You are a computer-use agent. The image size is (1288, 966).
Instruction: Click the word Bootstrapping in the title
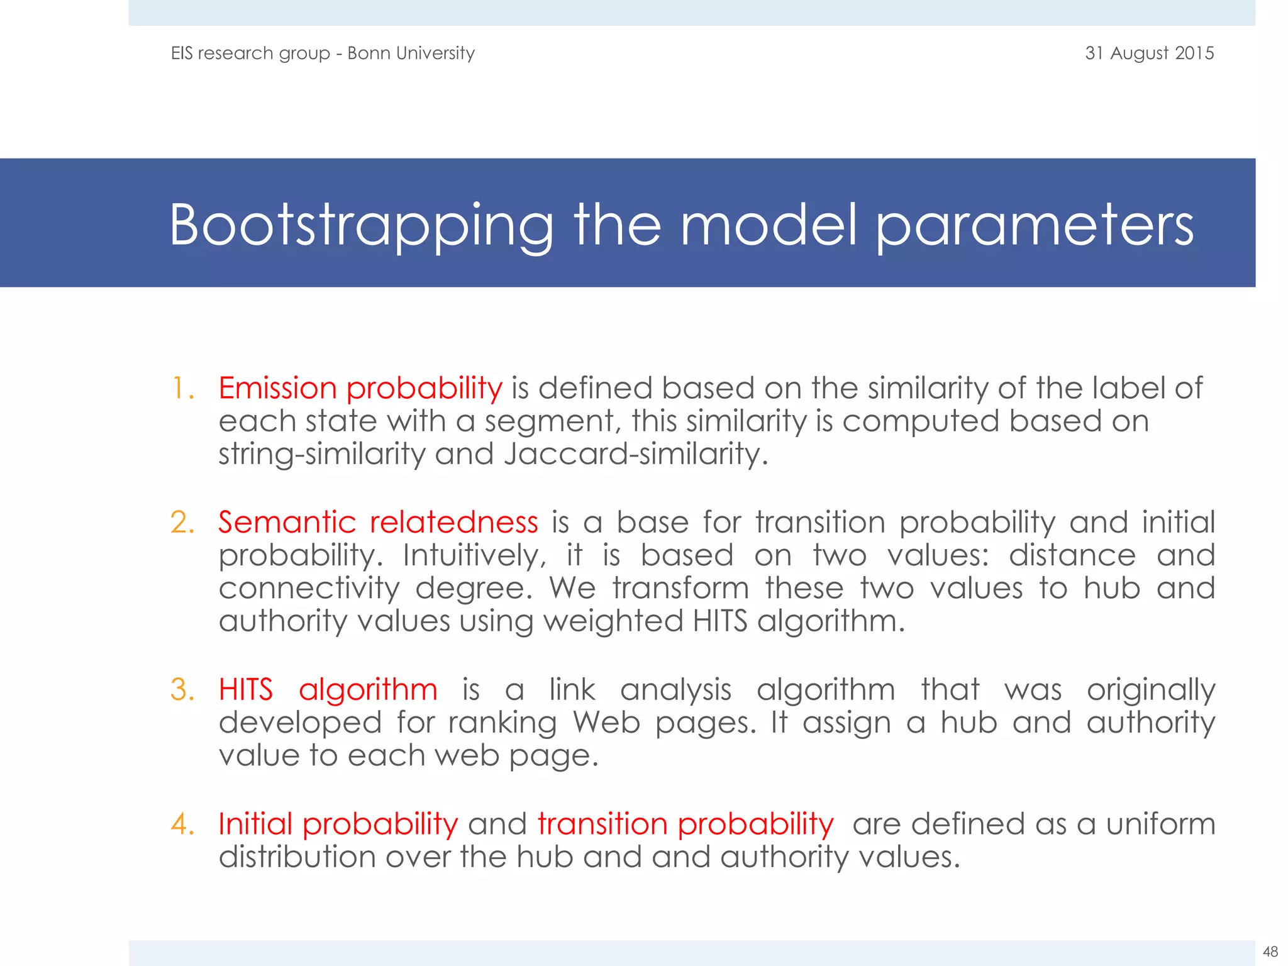[362, 225]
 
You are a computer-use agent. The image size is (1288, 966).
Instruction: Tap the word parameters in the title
[1035, 225]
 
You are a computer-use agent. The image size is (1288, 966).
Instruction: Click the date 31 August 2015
[1149, 53]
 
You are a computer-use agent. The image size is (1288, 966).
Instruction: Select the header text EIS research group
[250, 53]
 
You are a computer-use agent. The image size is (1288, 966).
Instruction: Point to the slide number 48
[1270, 952]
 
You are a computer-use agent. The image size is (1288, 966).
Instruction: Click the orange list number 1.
[182, 388]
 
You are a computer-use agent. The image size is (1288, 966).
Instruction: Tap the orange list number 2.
[182, 522]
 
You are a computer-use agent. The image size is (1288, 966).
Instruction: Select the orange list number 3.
[182, 689]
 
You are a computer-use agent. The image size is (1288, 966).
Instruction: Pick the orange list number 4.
[182, 824]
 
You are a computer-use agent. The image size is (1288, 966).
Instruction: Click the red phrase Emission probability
[360, 388]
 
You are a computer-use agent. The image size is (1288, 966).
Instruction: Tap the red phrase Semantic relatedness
[378, 522]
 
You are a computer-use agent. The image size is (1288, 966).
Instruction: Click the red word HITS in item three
[246, 689]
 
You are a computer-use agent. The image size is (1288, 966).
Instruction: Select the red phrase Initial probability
[338, 824]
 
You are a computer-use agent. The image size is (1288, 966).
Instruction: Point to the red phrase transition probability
[686, 824]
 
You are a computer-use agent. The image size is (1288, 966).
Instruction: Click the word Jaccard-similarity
[635, 454]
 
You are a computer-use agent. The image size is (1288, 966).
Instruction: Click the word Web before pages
[606, 722]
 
